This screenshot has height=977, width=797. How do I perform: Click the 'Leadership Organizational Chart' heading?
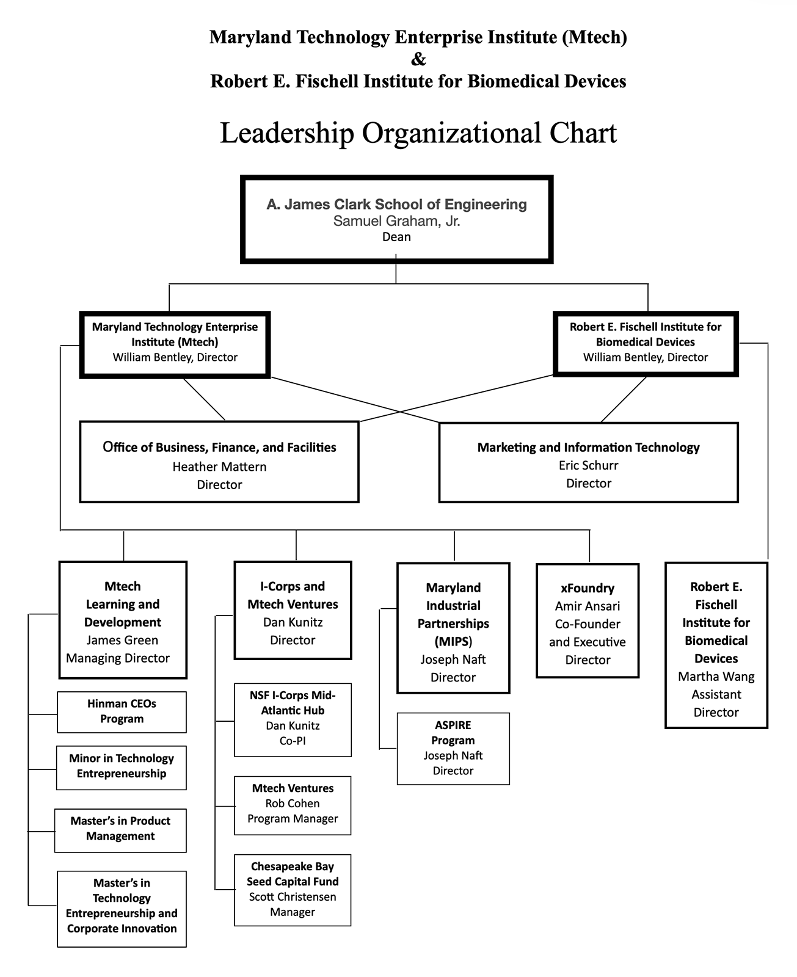tap(418, 133)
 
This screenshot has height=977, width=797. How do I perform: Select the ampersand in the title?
tap(418, 59)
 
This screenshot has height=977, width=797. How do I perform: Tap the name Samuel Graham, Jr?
tap(396, 221)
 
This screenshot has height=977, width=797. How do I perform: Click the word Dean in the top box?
tap(396, 237)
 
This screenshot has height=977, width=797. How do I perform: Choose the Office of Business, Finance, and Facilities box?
tap(219, 462)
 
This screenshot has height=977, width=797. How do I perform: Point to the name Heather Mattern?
tap(219, 467)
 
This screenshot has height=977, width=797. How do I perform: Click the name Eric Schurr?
tap(588, 465)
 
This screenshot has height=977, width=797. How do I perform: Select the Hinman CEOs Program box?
tap(122, 711)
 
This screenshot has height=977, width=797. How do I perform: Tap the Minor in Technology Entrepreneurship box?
tap(122, 766)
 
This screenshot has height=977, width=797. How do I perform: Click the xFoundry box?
tap(588, 620)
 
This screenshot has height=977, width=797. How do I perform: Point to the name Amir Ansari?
tap(588, 606)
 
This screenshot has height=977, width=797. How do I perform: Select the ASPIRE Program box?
tap(453, 748)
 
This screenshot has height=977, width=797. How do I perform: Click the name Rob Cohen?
tap(293, 804)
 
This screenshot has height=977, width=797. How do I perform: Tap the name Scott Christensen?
tap(293, 897)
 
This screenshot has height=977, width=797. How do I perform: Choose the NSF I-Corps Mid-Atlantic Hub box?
tap(293, 719)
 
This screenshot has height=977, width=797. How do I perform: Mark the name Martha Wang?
tap(716, 677)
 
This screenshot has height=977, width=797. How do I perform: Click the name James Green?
tap(122, 640)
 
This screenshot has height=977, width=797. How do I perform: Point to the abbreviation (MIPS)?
tap(453, 641)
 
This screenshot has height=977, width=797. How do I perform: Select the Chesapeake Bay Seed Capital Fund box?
tap(293, 889)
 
